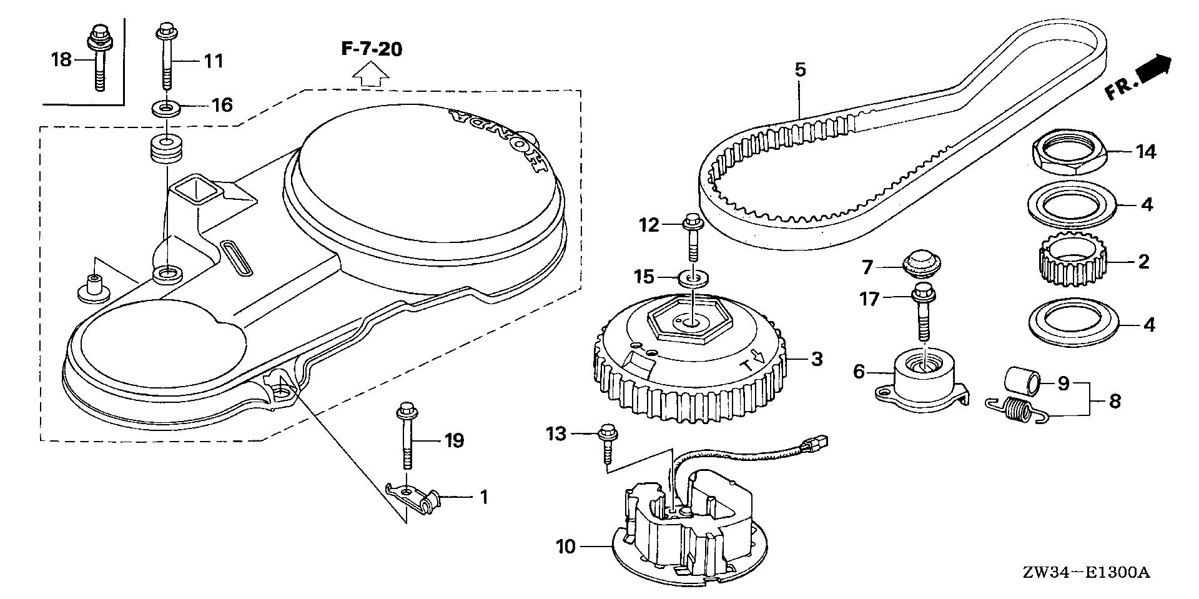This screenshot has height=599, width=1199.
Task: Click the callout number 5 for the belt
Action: pos(800,69)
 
